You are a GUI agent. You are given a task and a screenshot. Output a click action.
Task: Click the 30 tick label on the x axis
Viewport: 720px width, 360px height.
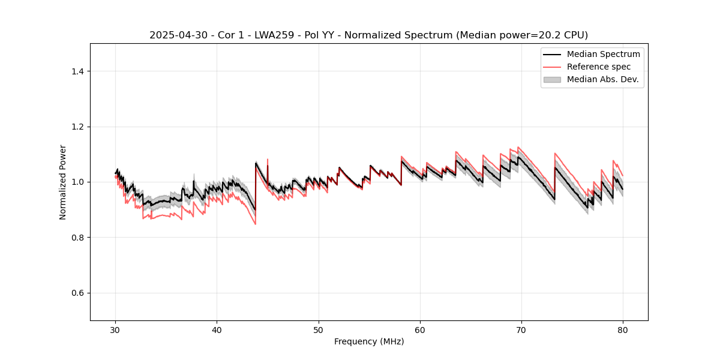pyautogui.click(x=115, y=330)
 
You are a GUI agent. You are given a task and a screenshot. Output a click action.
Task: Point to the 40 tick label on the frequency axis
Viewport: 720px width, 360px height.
pyautogui.click(x=217, y=330)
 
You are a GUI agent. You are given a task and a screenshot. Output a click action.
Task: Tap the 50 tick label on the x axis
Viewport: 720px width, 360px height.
pyautogui.click(x=319, y=330)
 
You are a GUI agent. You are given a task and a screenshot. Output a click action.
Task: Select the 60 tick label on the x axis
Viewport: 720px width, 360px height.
pyautogui.click(x=420, y=330)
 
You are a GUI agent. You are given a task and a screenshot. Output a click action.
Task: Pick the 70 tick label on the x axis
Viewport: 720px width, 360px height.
pyautogui.click(x=521, y=330)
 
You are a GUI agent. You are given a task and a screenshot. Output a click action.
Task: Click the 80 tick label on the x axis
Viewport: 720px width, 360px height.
pyautogui.click(x=623, y=330)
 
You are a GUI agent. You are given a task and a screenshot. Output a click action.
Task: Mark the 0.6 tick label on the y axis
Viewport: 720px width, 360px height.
pyautogui.click(x=77, y=293)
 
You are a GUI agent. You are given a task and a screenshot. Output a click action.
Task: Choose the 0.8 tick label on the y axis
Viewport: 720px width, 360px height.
pyautogui.click(x=77, y=238)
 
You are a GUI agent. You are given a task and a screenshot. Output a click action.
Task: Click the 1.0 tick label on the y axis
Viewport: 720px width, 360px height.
pyautogui.click(x=77, y=182)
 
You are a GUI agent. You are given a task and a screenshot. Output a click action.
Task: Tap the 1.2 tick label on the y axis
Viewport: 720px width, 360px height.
pyautogui.click(x=77, y=127)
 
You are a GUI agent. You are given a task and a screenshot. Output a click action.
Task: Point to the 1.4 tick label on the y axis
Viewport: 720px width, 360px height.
pyautogui.click(x=77, y=71)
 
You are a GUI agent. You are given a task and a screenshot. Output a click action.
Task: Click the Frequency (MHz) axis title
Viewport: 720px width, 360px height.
pyautogui.click(x=369, y=342)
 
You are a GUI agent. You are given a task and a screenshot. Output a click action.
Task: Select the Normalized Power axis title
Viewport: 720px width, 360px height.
pyautogui.click(x=63, y=182)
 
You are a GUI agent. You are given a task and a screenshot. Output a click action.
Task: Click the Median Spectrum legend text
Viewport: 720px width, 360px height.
pyautogui.click(x=603, y=54)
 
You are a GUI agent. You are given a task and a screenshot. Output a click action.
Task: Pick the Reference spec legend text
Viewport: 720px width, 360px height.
pyautogui.click(x=599, y=67)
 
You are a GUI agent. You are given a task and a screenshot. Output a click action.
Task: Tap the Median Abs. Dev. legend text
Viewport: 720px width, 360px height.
pyautogui.click(x=602, y=79)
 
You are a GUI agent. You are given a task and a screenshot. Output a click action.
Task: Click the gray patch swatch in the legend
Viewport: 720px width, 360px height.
pyautogui.click(x=552, y=79)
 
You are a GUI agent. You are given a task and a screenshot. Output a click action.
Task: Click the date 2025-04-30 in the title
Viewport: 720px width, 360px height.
pyautogui.click(x=172, y=35)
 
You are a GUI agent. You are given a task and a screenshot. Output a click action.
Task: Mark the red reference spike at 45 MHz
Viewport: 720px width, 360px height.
pyautogui.click(x=268, y=161)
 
